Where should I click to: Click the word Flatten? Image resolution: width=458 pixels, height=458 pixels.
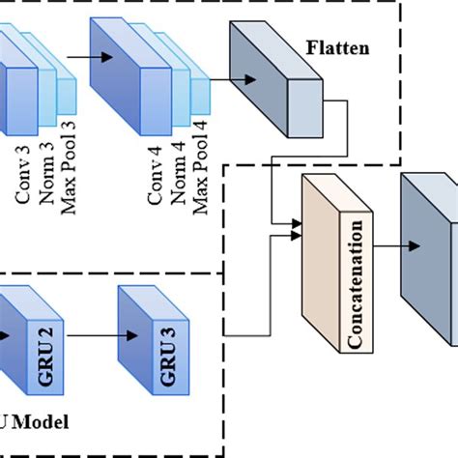336,45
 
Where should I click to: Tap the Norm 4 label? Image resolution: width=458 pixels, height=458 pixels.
178,175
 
